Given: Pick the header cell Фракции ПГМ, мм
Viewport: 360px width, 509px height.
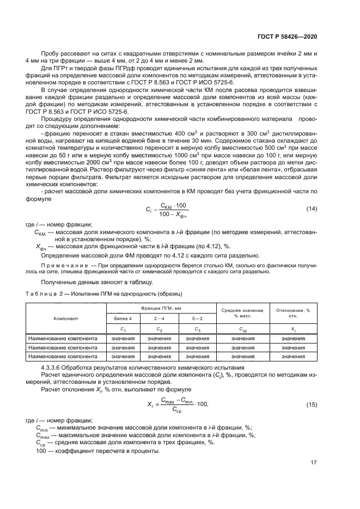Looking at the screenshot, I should tap(159, 308).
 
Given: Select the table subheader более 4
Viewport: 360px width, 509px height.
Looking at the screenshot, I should tap(123, 318).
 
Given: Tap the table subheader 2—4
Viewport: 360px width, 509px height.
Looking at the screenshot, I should tap(159, 318).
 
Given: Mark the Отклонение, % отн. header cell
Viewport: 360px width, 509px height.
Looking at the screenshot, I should tap(293, 313).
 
